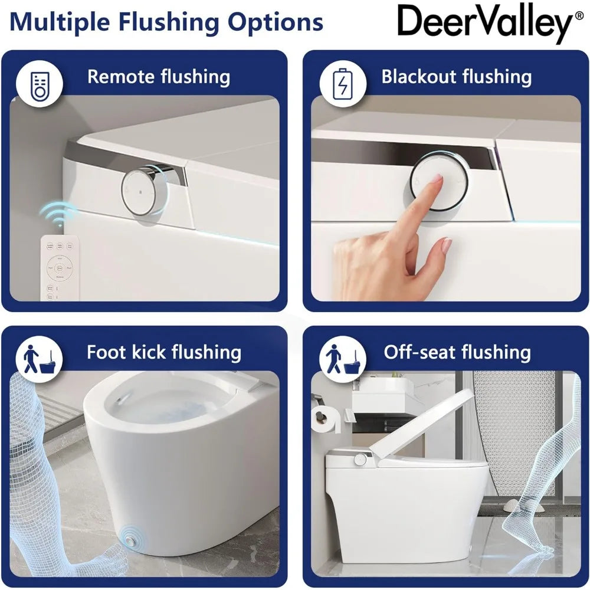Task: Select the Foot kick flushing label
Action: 164,352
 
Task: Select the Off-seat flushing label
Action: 457,352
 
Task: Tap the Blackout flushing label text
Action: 456,77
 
